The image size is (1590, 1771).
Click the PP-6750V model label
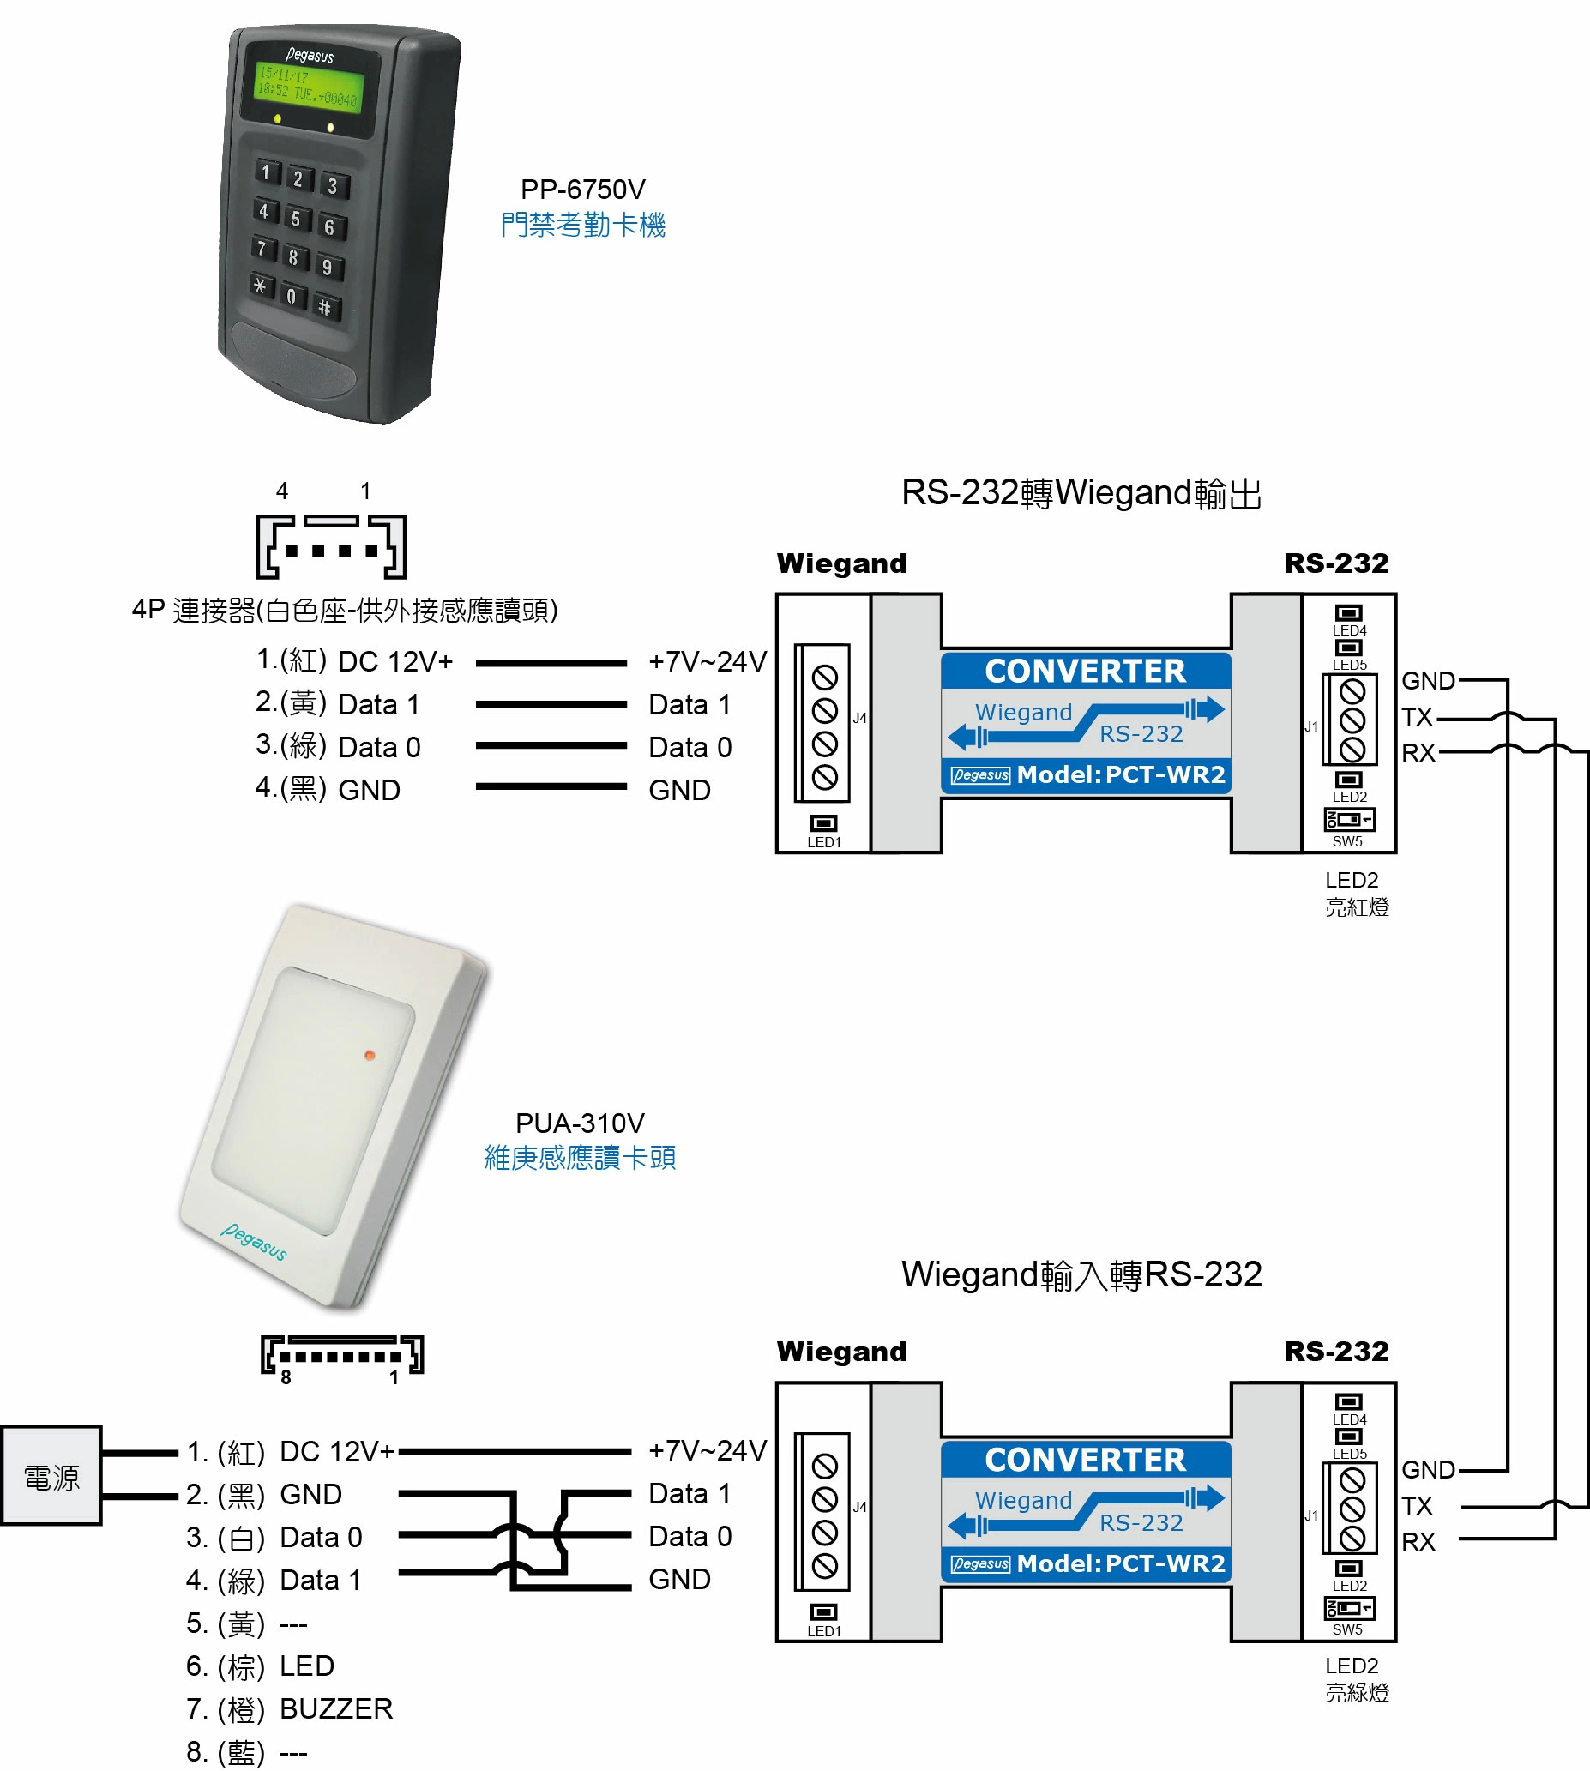pyautogui.click(x=582, y=190)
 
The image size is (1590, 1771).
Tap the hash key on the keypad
pyautogui.click(x=325, y=307)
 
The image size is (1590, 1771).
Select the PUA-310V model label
pyautogui.click(x=580, y=1123)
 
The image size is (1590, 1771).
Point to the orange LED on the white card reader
pyautogui.click(x=370, y=1056)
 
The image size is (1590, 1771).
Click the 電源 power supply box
pyautogui.click(x=51, y=1478)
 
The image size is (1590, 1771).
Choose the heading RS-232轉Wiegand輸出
pyautogui.click(x=1081, y=493)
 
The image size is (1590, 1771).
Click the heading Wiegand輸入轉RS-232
pyautogui.click(x=1081, y=1274)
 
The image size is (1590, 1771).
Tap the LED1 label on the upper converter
pyautogui.click(x=824, y=843)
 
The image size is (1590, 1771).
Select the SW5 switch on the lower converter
pyautogui.click(x=1349, y=1609)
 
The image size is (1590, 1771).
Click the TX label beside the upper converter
pyautogui.click(x=1417, y=717)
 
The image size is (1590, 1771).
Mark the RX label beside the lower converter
pyautogui.click(x=1418, y=1542)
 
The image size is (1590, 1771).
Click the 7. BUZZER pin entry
pyautogui.click(x=290, y=1709)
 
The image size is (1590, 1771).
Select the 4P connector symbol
pyautogui.click(x=331, y=547)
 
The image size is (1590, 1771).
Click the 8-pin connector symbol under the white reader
pyautogui.click(x=341, y=1355)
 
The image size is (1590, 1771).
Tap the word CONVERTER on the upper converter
pyautogui.click(x=1085, y=671)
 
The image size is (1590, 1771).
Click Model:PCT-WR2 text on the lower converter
pyautogui.click(x=1121, y=1563)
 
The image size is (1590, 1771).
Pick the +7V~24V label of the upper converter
pyautogui.click(x=707, y=661)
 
